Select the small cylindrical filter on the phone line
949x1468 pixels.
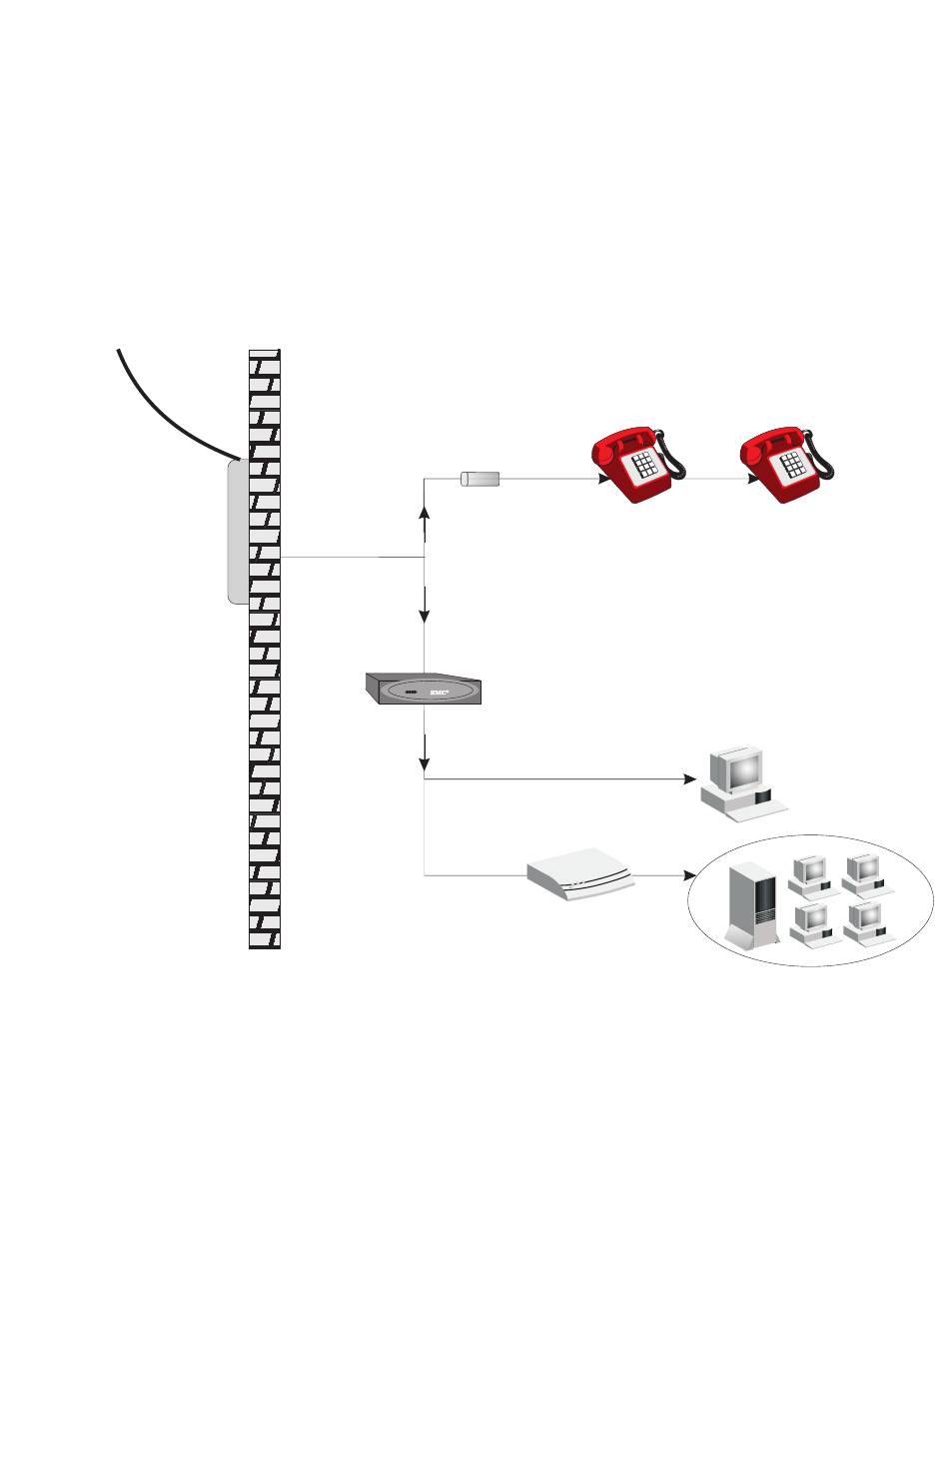point(479,480)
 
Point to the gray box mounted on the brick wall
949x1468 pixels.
point(238,531)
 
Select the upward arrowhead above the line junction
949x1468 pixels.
point(426,513)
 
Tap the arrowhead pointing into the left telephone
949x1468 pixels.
point(604,479)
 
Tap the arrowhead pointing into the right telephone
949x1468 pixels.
point(752,479)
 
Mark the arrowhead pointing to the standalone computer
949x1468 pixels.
point(689,777)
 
